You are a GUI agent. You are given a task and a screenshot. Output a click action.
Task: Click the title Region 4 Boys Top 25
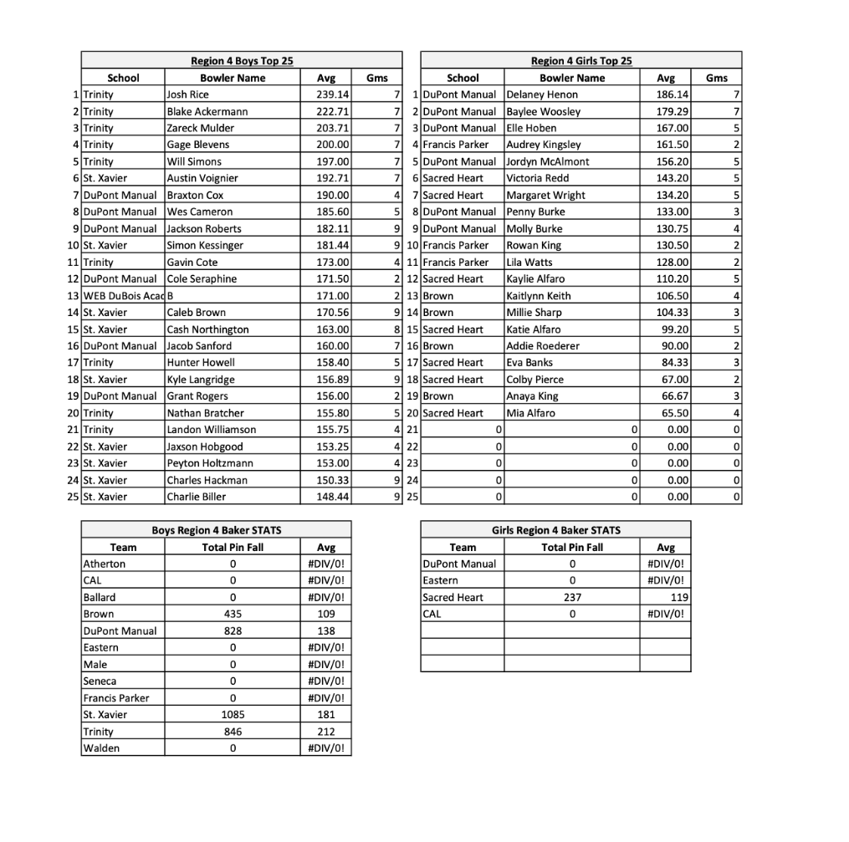pos(242,61)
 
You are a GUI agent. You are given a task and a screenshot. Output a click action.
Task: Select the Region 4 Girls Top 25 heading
pos(581,61)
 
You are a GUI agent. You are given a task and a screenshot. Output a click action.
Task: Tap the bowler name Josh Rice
pos(188,94)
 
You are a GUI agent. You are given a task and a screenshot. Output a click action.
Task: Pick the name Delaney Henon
pos(543,94)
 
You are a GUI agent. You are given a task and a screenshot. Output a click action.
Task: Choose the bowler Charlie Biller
pos(197,497)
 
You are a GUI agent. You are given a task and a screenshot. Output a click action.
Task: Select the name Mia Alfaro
pos(531,413)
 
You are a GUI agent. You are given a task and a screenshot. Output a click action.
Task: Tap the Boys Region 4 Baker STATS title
pos(216,530)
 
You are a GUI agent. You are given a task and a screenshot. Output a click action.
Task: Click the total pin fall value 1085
pos(233,714)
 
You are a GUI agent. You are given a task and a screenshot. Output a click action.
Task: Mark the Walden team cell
pos(101,748)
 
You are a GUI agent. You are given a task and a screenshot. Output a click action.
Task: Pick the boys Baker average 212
pos(326,732)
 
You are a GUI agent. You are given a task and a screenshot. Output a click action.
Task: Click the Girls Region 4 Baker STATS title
pos(556,530)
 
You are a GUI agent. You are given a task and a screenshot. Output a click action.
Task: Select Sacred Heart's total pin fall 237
pos(572,597)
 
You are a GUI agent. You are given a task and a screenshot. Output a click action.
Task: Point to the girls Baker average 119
pos(678,597)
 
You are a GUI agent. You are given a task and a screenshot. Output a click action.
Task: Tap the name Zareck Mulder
pos(201,128)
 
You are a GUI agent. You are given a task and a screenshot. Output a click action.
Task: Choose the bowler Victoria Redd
pos(538,178)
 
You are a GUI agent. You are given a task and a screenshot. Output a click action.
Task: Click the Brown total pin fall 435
pos(233,614)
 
